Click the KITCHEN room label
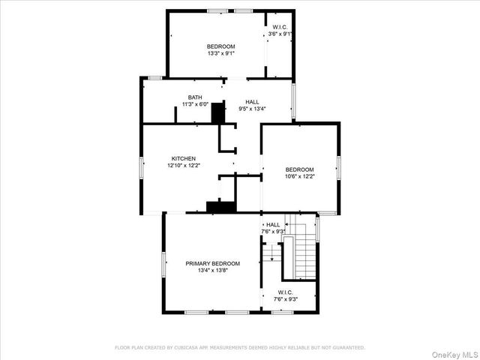[184, 158]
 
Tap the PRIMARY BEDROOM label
[212, 263]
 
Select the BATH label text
[195, 97]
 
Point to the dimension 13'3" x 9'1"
[221, 53]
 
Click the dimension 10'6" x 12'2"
[299, 177]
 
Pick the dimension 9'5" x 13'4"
[252, 109]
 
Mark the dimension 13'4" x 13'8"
[212, 271]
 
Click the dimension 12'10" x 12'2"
[184, 166]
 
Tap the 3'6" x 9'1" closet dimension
[280, 34]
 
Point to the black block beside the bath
[218, 112]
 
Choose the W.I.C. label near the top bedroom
[279, 26]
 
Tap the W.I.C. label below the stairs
[285, 292]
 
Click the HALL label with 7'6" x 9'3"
[273, 224]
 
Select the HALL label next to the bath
[252, 101]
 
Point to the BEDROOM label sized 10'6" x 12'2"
[299, 169]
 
